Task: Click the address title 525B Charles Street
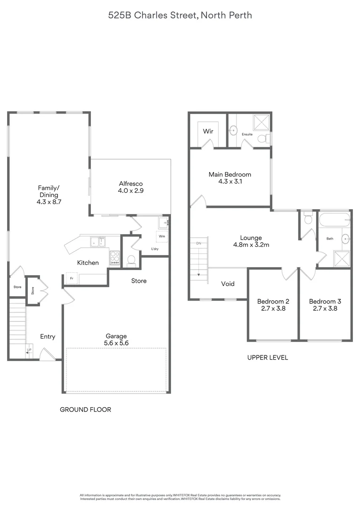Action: (x=180, y=16)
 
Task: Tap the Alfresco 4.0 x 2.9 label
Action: (x=131, y=188)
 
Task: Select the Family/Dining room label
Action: (x=49, y=195)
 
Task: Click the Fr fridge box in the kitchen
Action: (x=72, y=278)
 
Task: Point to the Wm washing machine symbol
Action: (x=162, y=236)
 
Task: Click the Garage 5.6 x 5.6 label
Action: (x=116, y=340)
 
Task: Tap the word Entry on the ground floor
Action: (x=48, y=337)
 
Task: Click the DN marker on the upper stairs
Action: (x=198, y=243)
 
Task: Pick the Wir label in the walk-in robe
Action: (x=208, y=131)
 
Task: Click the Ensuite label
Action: (x=247, y=134)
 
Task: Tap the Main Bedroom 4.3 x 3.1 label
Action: (x=230, y=178)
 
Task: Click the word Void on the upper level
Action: (x=228, y=284)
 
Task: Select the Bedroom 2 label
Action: (x=273, y=305)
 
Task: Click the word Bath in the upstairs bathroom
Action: (x=330, y=238)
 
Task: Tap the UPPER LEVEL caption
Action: (x=268, y=358)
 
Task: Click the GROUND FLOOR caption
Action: (x=85, y=410)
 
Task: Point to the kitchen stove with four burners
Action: (x=115, y=257)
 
